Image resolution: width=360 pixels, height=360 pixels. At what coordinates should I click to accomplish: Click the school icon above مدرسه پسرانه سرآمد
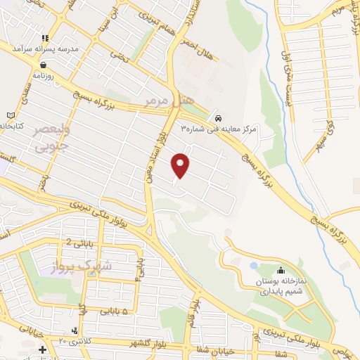[46, 39]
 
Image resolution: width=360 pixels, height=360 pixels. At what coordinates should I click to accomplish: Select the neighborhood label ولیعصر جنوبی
[49, 141]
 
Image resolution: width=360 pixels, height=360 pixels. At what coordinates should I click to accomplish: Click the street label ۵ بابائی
[114, 310]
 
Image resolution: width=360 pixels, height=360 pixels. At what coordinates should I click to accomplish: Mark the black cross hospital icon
[42, 349]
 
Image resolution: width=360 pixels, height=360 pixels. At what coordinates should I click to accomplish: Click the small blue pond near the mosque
[253, 266]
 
